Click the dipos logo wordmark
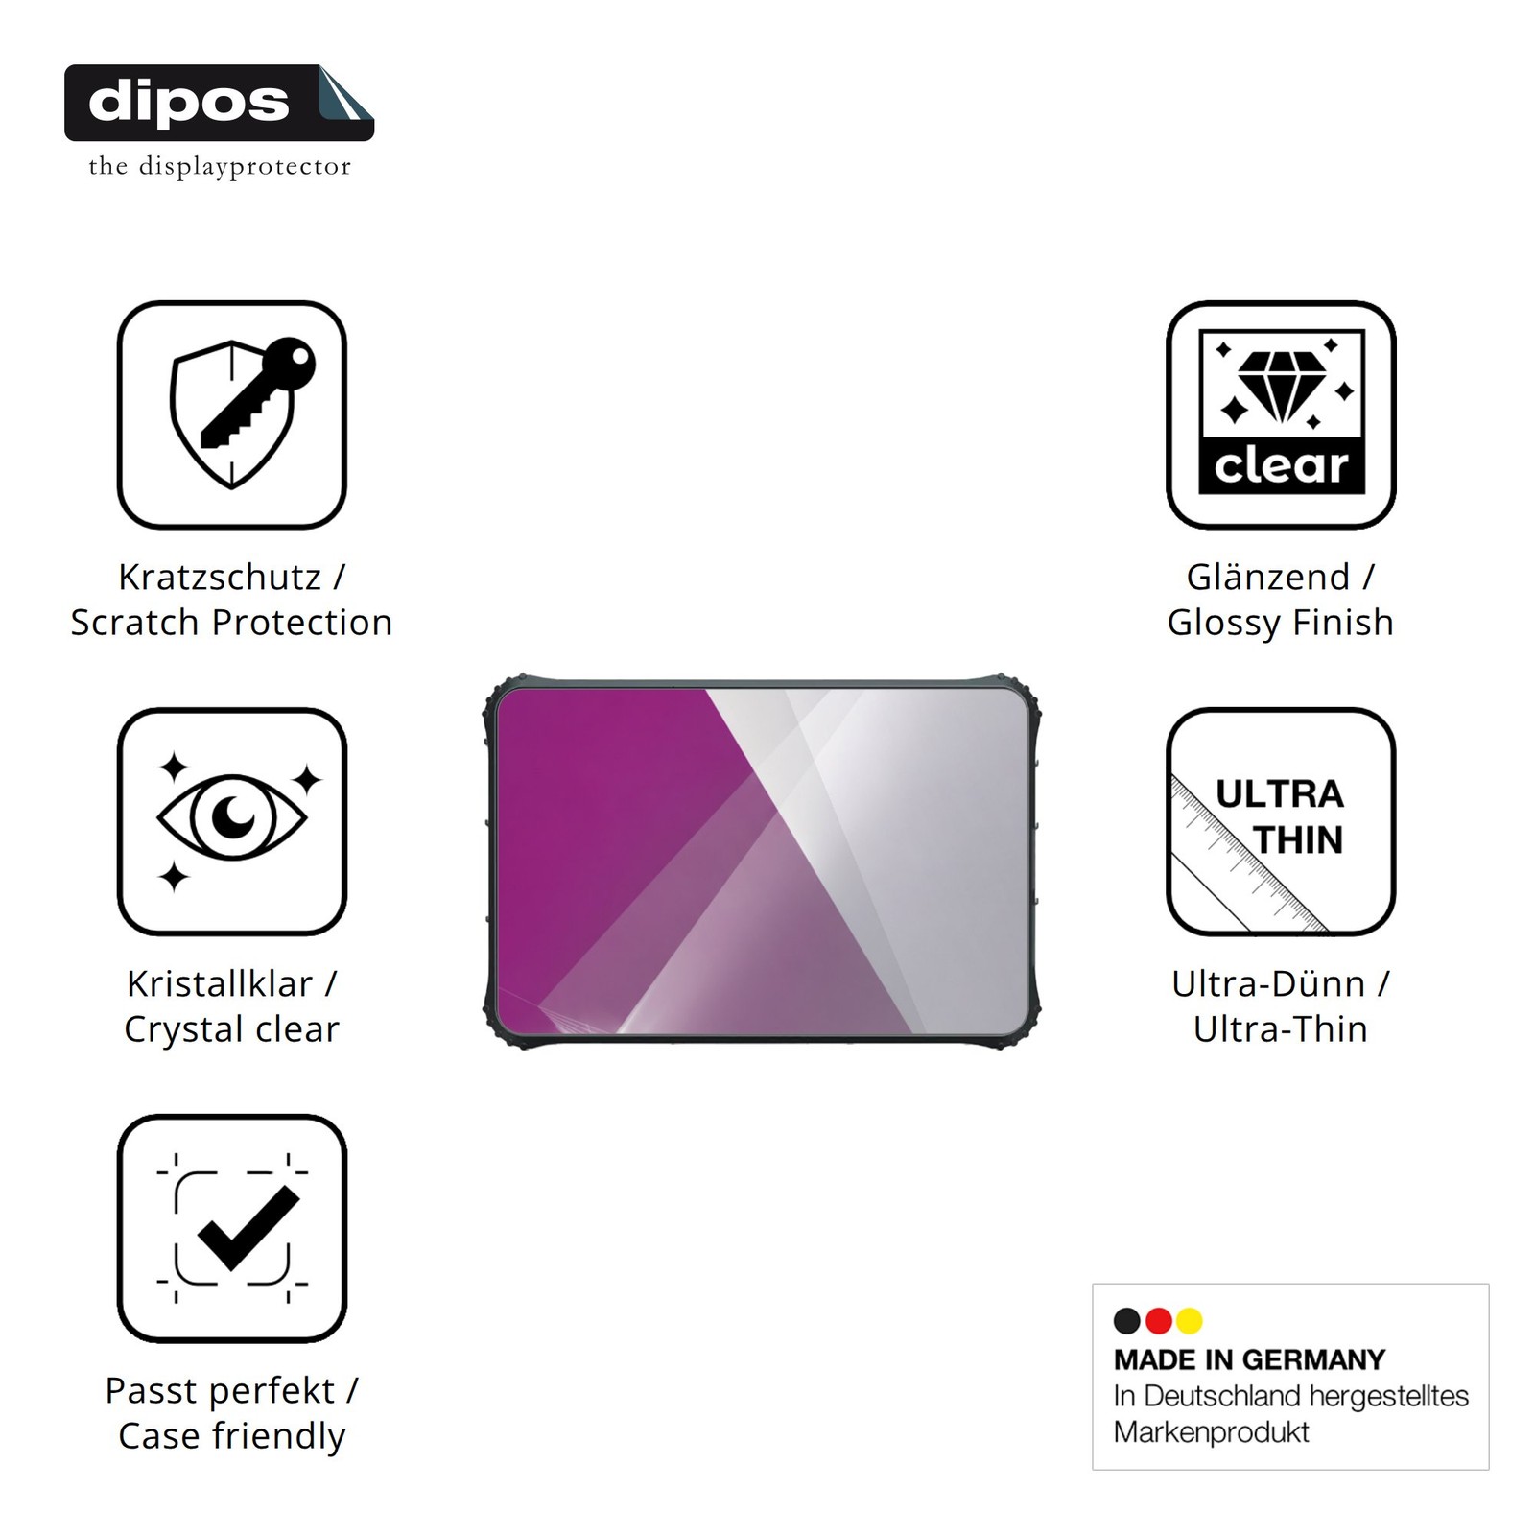point(188,102)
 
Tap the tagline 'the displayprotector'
point(220,167)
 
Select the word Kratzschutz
point(220,577)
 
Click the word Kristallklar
point(220,983)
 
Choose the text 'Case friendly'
point(231,1436)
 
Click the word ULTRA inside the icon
point(1280,793)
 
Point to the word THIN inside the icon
point(1298,839)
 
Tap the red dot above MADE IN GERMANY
point(1159,1321)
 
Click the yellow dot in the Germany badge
point(1190,1321)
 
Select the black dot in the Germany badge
point(1127,1321)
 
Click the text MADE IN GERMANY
point(1249,1359)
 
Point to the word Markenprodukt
point(1211,1432)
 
